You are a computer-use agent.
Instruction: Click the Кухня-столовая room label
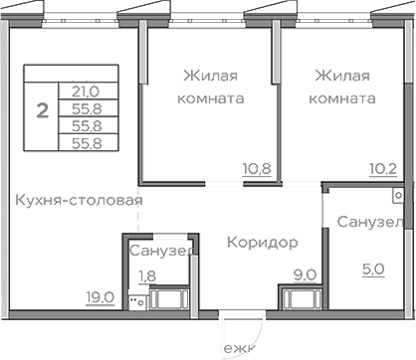(80, 200)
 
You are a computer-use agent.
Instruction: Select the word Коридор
(262, 242)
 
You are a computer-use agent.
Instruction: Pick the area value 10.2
(384, 167)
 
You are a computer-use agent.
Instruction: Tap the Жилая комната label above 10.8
(213, 87)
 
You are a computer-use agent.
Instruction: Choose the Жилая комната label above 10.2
(343, 87)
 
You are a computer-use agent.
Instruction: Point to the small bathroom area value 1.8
(146, 275)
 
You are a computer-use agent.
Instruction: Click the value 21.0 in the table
(87, 90)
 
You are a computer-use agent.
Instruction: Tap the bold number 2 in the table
(42, 110)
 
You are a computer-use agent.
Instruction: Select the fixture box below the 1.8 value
(171, 297)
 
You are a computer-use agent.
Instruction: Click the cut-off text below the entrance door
(240, 350)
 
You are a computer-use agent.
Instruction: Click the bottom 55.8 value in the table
(87, 143)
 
